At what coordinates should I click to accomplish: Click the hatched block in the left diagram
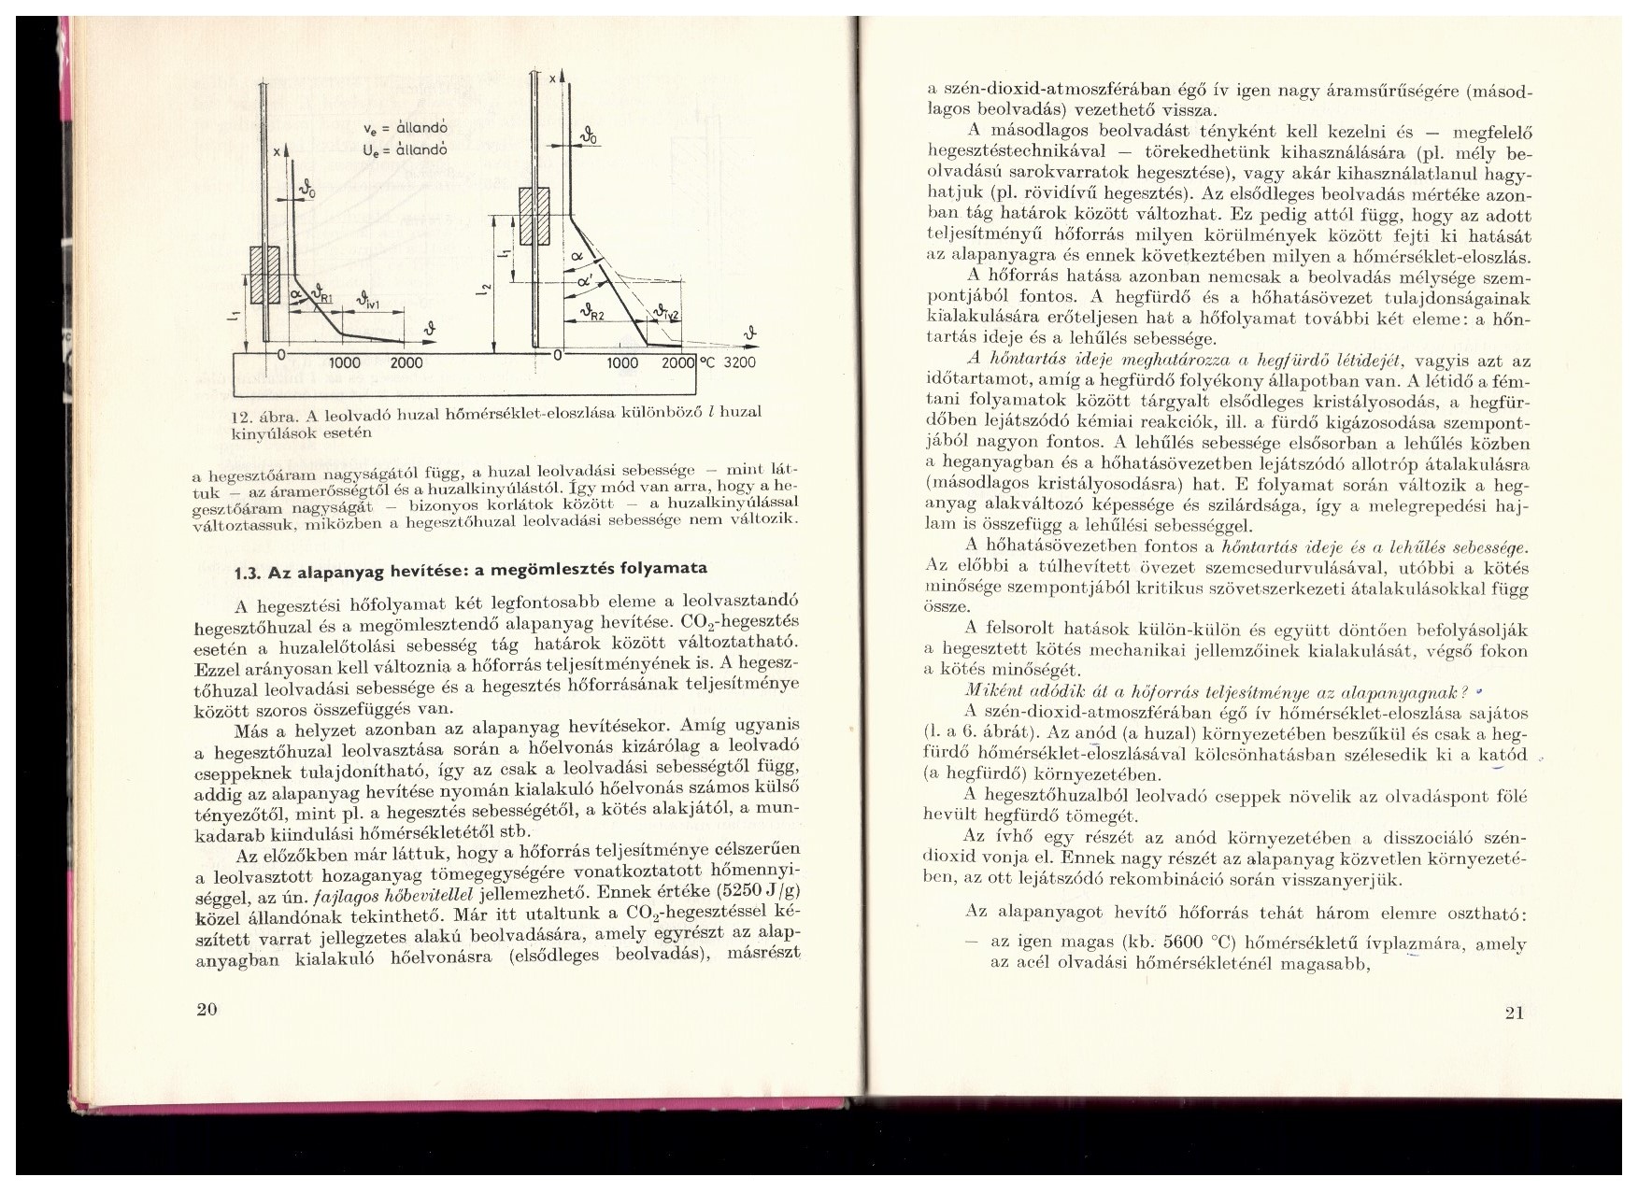[266, 276]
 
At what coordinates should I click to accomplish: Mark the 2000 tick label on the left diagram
[406, 363]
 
